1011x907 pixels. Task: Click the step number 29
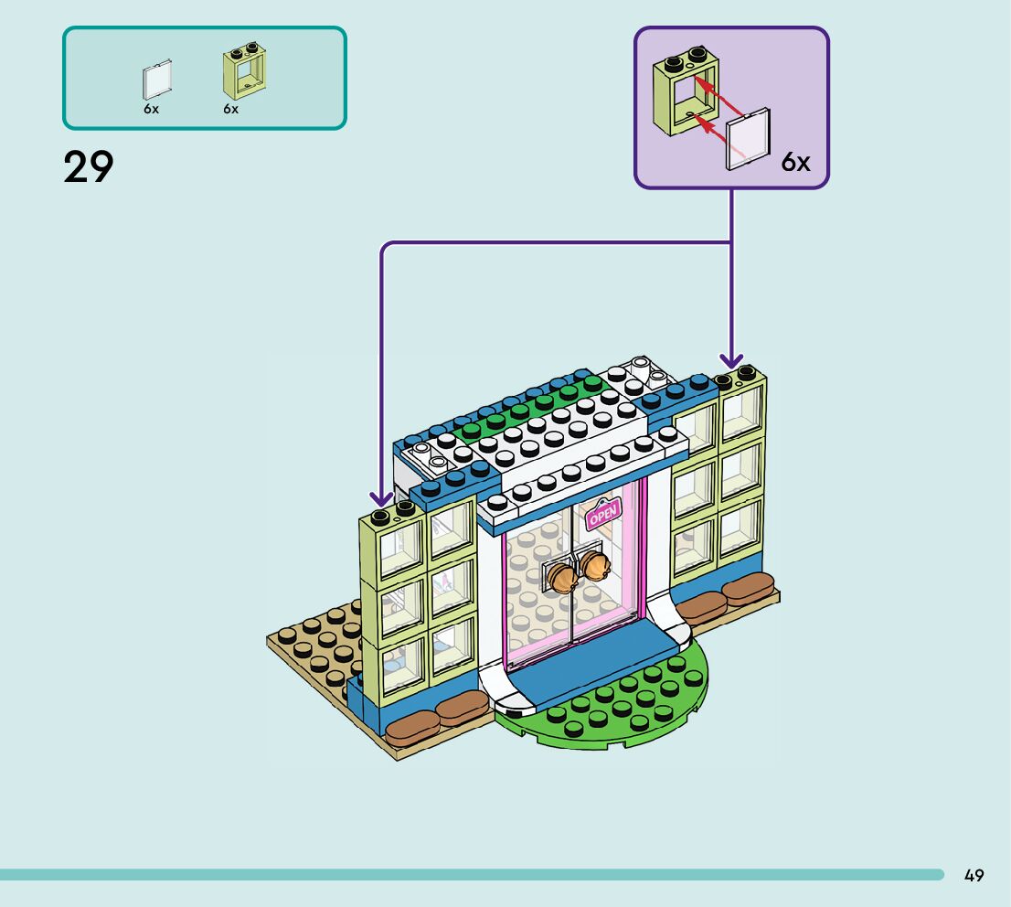(89, 167)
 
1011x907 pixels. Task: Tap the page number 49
(974, 876)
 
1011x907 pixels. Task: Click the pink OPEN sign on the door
(603, 516)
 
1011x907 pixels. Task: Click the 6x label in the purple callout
(795, 163)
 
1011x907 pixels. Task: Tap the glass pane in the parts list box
(156, 81)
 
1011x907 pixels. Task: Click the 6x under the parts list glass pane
(151, 109)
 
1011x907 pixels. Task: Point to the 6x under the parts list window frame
(230, 109)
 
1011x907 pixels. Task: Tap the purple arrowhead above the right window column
(731, 362)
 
